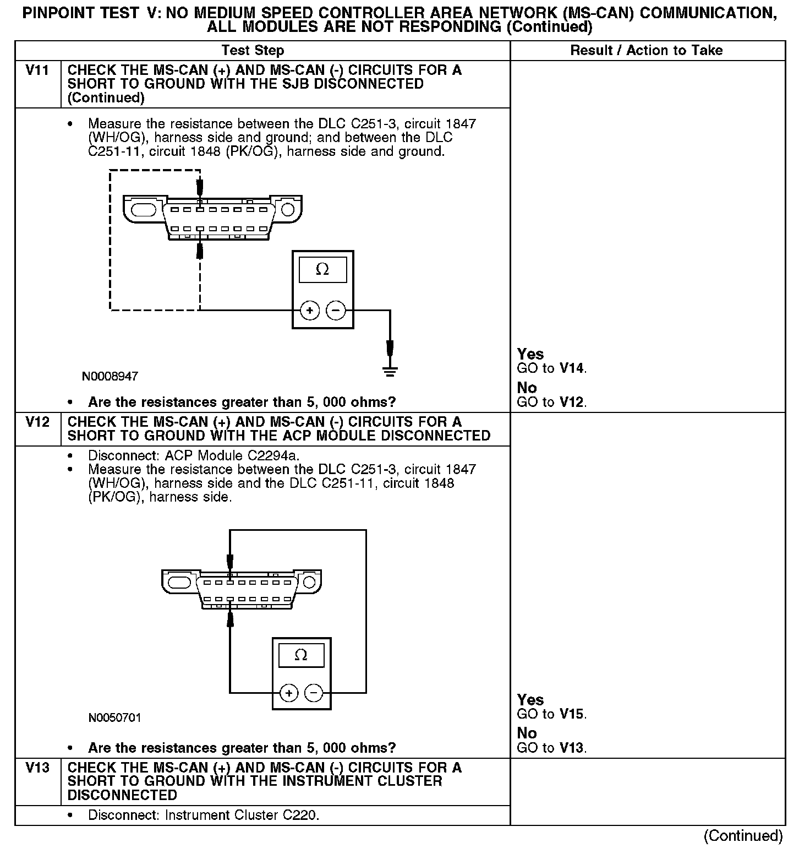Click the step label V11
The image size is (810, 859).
pyautogui.click(x=37, y=70)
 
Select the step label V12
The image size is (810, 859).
pyautogui.click(x=37, y=422)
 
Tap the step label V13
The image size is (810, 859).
pyautogui.click(x=37, y=768)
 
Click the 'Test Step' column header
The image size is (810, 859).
pyautogui.click(x=253, y=51)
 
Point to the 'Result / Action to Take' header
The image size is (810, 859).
pyautogui.click(x=646, y=51)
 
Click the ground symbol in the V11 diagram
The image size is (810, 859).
pyautogui.click(x=390, y=371)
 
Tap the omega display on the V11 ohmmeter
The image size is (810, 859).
pyautogui.click(x=322, y=270)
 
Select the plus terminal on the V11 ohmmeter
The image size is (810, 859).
pyautogui.click(x=310, y=311)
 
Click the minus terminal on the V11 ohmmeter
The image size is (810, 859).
pyautogui.click(x=336, y=311)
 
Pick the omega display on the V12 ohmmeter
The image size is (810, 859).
pyautogui.click(x=301, y=655)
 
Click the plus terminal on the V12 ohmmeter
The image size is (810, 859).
pyautogui.click(x=289, y=693)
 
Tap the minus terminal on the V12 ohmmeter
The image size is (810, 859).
pyautogui.click(x=314, y=693)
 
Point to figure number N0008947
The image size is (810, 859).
pyautogui.click(x=110, y=377)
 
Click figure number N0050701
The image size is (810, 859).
pyautogui.click(x=114, y=718)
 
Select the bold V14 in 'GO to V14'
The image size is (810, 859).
pyautogui.click(x=572, y=368)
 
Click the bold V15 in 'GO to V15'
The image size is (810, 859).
pyautogui.click(x=572, y=714)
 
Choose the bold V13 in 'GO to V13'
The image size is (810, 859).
pyautogui.click(x=572, y=748)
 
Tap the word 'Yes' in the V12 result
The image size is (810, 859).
pyautogui.click(x=530, y=700)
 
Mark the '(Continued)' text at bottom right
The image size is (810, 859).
pyautogui.click(x=743, y=835)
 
